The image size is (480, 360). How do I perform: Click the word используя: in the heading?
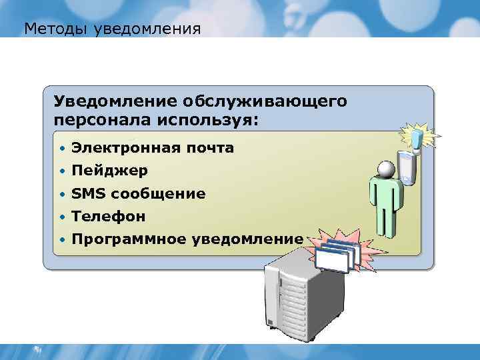point(207,120)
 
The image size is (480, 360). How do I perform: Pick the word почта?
point(209,148)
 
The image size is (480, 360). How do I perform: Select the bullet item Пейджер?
point(110,171)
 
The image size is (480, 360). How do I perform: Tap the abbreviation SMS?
point(89,194)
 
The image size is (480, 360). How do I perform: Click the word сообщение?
point(159,194)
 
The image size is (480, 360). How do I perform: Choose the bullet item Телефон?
point(109,217)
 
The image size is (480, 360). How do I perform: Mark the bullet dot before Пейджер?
point(61,171)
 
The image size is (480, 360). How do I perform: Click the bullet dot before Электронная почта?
point(61,148)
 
